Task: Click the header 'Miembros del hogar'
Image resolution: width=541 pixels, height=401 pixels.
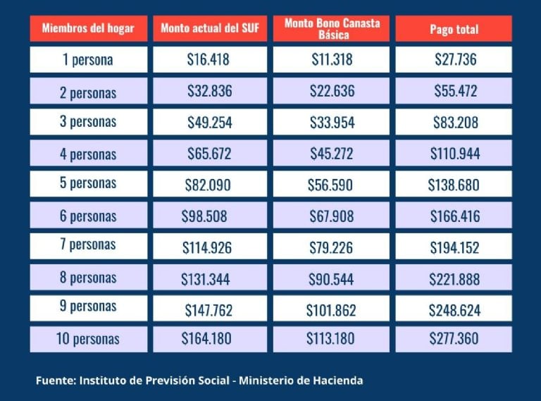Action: tap(88, 30)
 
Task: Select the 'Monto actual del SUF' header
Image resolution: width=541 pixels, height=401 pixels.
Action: tap(209, 30)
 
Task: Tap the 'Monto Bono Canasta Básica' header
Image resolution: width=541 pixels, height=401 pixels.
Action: tap(332, 29)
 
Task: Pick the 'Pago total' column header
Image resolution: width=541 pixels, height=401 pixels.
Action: tap(454, 30)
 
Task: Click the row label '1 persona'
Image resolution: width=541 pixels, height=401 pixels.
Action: tap(88, 60)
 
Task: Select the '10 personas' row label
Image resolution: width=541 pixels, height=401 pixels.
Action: tap(88, 339)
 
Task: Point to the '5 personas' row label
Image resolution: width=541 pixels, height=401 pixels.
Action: tap(88, 183)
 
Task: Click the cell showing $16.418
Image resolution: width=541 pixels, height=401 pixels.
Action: tap(209, 60)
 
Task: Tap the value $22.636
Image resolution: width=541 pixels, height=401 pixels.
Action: tap(332, 91)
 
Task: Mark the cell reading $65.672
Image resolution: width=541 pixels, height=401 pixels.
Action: tap(209, 153)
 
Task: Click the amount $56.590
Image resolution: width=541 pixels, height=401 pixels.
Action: tap(332, 185)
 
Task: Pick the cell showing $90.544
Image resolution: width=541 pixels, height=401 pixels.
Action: tap(332, 278)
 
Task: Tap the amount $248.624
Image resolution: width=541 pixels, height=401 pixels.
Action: tap(454, 309)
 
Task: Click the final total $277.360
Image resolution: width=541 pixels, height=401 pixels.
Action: tap(454, 339)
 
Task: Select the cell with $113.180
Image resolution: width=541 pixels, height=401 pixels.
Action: tap(331, 339)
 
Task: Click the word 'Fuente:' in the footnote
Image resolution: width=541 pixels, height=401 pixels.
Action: tap(56, 381)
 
